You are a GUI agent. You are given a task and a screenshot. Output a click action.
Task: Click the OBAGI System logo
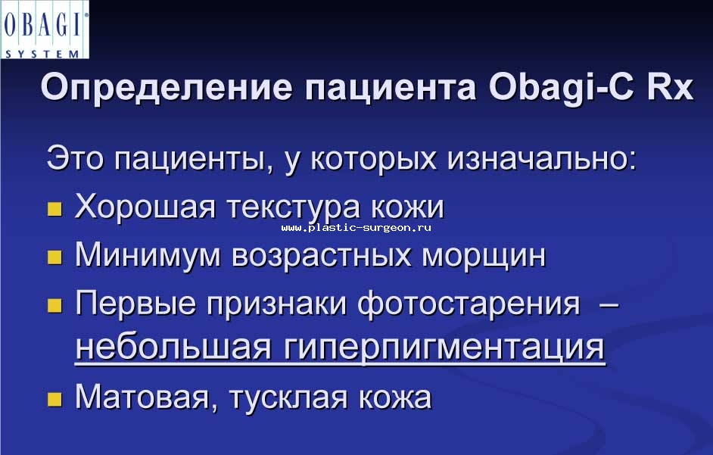45,30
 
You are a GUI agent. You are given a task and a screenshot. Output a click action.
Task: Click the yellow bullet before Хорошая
54,209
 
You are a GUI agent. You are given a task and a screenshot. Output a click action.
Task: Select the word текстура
293,207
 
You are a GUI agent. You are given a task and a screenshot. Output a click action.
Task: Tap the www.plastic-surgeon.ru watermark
356,227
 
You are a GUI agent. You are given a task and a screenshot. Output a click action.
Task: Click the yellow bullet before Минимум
54,257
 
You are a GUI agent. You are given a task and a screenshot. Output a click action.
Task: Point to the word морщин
484,256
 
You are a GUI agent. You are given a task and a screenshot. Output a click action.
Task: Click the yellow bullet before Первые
54,305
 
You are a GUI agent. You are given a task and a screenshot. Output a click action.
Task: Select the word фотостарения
469,303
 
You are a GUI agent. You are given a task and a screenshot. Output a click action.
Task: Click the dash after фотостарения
609,303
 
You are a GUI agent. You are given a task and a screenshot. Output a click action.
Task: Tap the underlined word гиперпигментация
444,347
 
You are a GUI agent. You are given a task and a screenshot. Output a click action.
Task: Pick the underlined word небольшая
173,347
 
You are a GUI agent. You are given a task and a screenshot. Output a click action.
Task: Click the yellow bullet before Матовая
54,399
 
